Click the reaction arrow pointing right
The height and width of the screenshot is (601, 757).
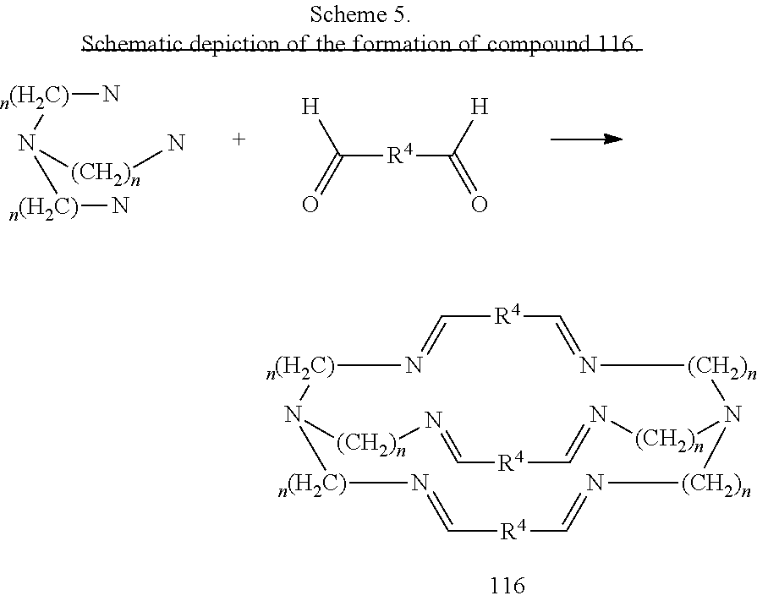[587, 139]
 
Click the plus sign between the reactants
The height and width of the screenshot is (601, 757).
[239, 139]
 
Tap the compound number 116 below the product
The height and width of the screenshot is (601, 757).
[507, 585]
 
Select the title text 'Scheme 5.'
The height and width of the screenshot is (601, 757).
[360, 14]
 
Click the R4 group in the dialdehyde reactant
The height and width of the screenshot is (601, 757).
[400, 155]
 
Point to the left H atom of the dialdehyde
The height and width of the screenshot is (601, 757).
[310, 107]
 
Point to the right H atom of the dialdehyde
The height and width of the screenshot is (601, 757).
[480, 107]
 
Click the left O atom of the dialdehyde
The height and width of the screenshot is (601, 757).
[310, 205]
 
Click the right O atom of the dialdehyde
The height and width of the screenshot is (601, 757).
[480, 205]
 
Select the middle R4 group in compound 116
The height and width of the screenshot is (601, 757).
[511, 462]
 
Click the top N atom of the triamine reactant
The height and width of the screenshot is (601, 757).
[111, 94]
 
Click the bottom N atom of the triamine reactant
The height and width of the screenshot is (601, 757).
[120, 205]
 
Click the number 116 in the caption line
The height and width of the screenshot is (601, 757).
[617, 44]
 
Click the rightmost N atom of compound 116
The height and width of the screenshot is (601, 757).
[733, 414]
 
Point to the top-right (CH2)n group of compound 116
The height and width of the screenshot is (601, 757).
[721, 368]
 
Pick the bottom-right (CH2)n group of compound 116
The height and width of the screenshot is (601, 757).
[716, 484]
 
